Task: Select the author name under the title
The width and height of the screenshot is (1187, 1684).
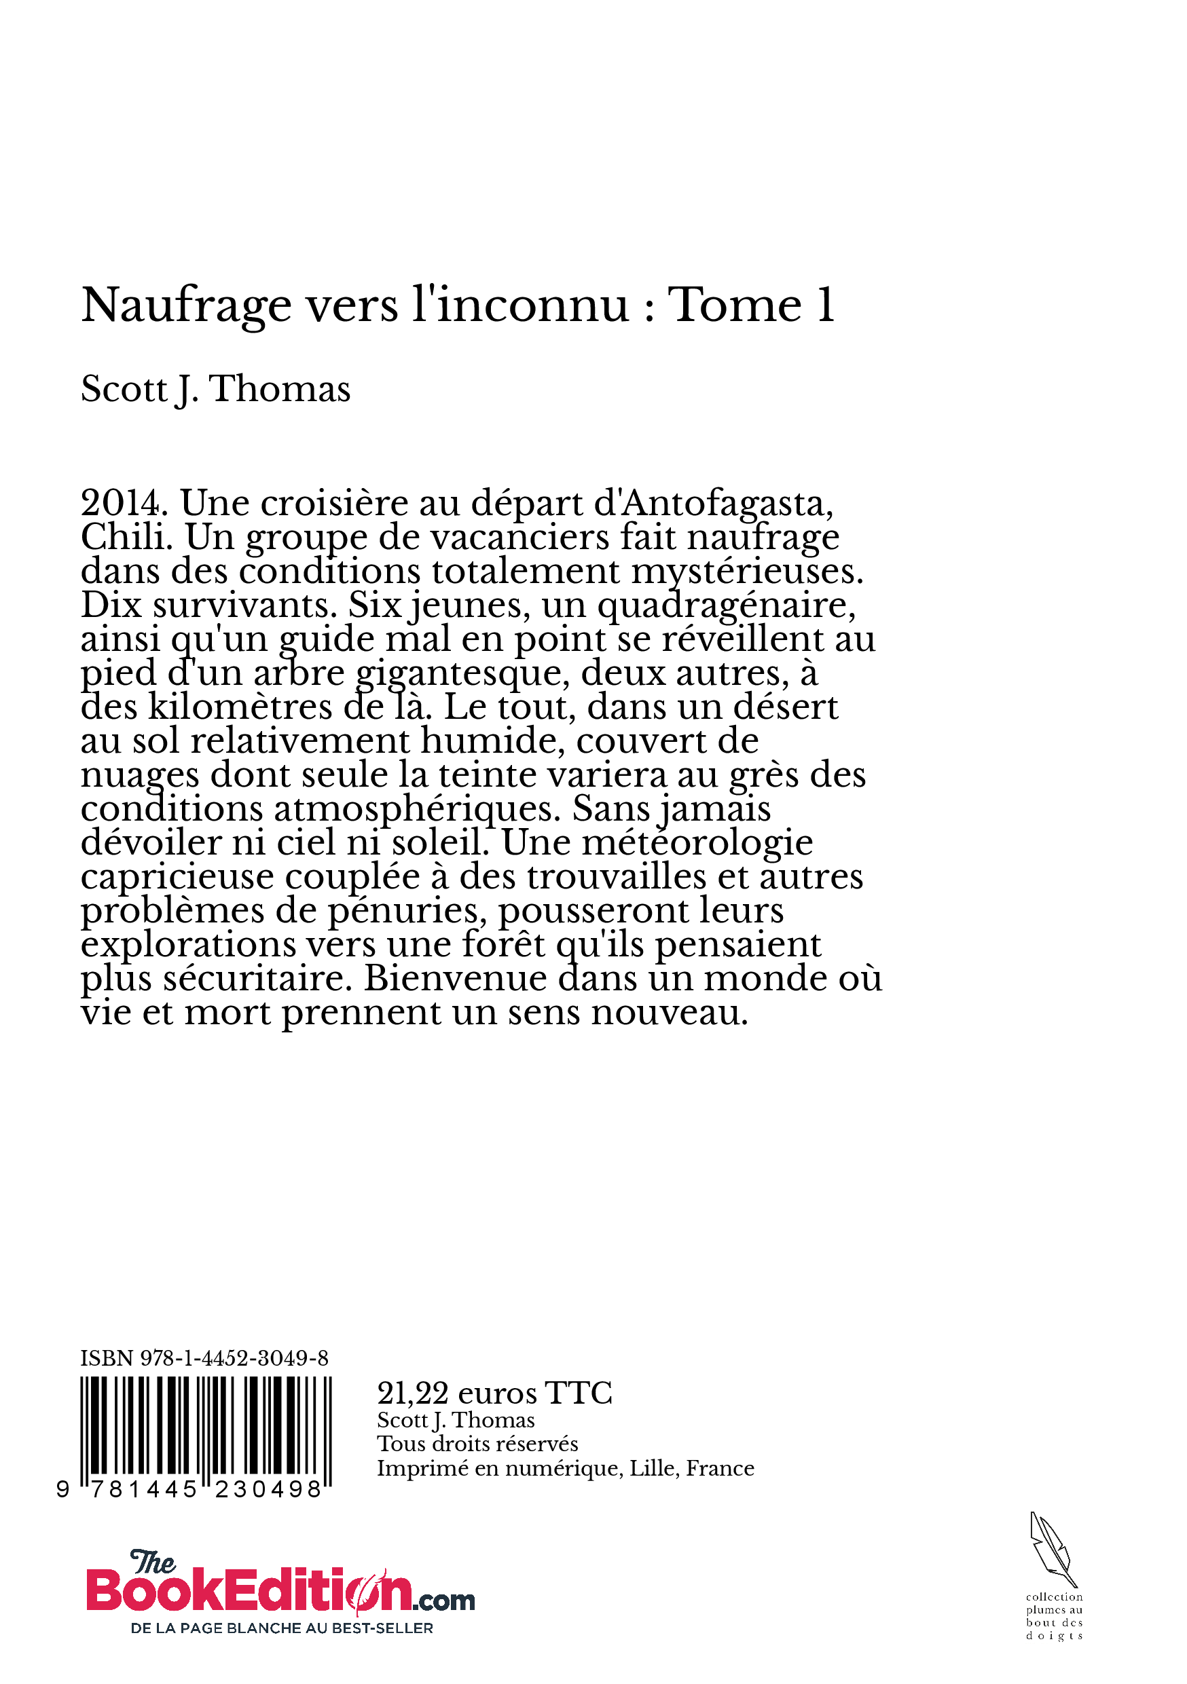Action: point(216,389)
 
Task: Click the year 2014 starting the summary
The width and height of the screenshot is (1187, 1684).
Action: point(120,503)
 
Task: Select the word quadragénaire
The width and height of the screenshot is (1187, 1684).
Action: point(725,605)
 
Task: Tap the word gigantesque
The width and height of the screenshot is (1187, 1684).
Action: point(462,673)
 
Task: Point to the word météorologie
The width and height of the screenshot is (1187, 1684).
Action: point(697,843)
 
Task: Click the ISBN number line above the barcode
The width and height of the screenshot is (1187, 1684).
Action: point(204,1358)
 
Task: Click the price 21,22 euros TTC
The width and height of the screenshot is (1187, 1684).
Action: point(494,1393)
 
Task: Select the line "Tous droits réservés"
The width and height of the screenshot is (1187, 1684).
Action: point(477,1444)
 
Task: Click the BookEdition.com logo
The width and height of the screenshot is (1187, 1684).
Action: point(279,1589)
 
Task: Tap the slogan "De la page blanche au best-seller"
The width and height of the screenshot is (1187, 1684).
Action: point(282,1628)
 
